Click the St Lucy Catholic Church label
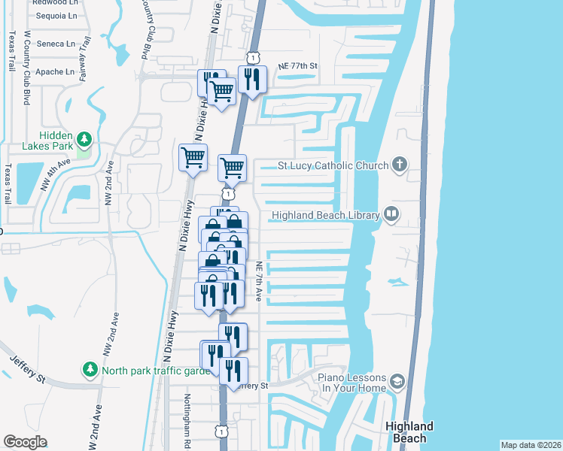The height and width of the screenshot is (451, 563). tap(333, 165)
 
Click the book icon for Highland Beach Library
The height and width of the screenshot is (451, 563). tap(391, 215)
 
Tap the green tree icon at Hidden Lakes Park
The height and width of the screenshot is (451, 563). tap(85, 139)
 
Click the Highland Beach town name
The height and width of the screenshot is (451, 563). tap(409, 431)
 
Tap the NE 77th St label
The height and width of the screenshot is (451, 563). tap(298, 66)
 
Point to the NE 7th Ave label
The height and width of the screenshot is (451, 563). tap(258, 282)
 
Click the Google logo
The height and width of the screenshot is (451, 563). tap(25, 442)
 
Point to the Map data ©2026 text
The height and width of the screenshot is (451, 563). tap(531, 445)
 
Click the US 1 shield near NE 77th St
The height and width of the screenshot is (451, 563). tap(253, 57)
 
